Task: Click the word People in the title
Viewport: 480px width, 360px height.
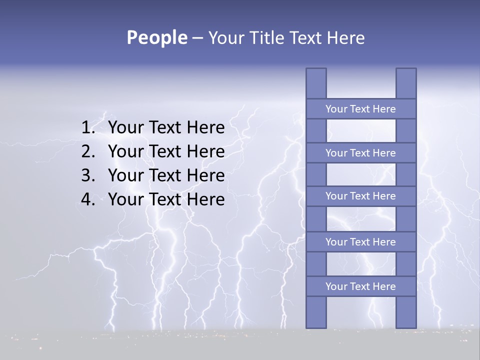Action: [156, 38]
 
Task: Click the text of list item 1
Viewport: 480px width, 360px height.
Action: [166, 128]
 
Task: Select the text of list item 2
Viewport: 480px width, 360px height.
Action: [166, 151]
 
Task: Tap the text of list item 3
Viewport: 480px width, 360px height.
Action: [166, 175]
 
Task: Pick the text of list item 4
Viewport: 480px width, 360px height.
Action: [166, 199]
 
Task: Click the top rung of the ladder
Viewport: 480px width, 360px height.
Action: [360, 109]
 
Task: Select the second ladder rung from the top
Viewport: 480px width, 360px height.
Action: [360, 153]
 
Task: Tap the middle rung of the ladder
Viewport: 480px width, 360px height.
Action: [360, 196]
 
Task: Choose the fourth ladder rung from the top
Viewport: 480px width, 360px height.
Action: [360, 242]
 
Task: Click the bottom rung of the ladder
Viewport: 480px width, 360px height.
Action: [360, 286]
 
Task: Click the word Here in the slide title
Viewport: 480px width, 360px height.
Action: [345, 38]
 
